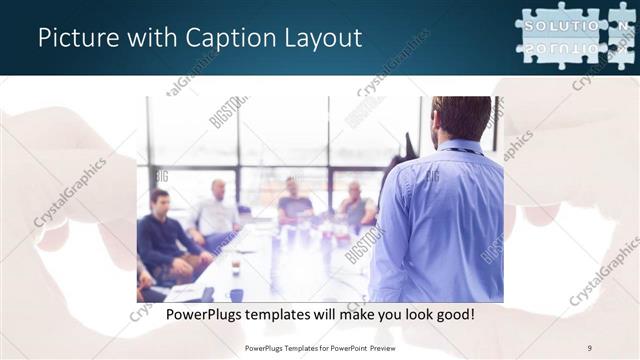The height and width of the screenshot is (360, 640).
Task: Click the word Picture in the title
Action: pos(75,39)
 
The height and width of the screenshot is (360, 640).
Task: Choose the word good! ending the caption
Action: pos(452,314)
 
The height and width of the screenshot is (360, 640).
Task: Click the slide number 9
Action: pos(589,347)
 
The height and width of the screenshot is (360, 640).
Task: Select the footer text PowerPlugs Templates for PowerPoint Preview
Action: pos(320,347)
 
